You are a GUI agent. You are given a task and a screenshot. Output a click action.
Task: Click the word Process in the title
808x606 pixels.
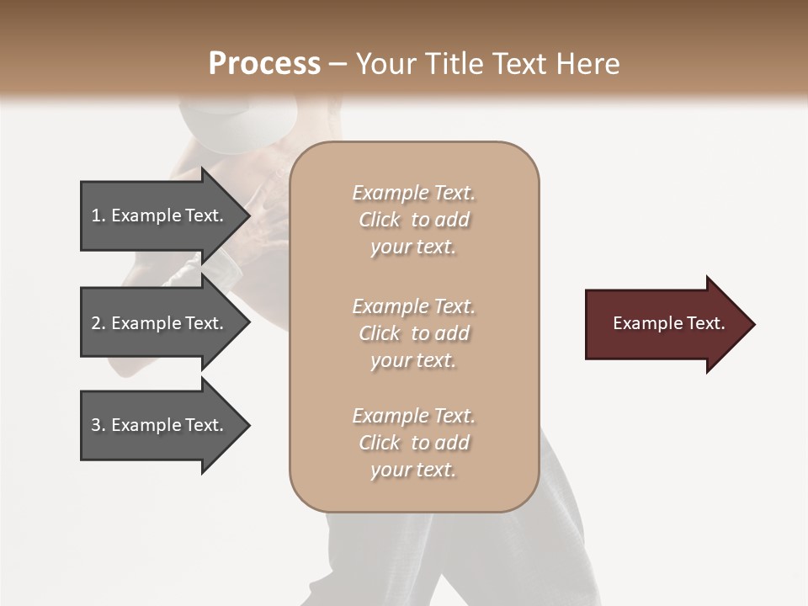coord(264,64)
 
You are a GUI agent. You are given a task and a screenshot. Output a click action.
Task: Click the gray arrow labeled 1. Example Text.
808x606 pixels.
coord(160,215)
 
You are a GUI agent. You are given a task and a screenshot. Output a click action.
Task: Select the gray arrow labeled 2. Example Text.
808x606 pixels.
coord(160,323)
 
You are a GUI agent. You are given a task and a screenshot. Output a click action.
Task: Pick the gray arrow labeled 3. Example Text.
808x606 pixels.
coord(160,425)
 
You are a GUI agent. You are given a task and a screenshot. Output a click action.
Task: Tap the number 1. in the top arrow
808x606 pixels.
coord(98,215)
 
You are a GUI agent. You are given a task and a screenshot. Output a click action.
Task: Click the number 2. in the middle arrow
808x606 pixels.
coord(98,323)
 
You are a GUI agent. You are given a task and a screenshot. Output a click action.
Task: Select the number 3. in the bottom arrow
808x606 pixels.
coord(98,425)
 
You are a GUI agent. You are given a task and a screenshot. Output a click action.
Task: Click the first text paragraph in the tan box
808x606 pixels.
coord(413,220)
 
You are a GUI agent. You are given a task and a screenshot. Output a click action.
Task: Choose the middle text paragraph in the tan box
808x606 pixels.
coord(413,333)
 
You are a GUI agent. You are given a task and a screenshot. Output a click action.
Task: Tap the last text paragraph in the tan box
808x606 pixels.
coord(413,443)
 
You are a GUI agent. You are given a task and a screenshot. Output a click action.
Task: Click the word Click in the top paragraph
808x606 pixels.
coord(380,220)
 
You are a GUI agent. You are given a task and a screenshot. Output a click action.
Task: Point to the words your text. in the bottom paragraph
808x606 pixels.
coord(413,470)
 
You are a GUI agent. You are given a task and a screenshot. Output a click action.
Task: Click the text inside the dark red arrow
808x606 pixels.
coord(668,323)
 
